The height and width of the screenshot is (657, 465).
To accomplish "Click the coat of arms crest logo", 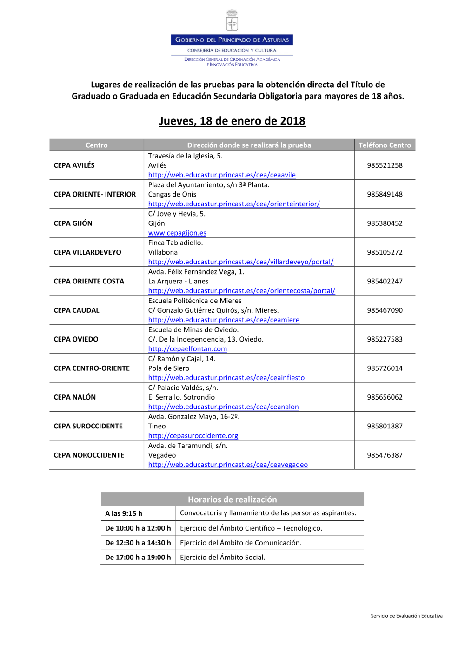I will coord(232,21).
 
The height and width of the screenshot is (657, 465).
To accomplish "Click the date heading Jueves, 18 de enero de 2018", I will coord(232,121).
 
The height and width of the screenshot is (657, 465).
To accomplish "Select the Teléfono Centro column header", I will coord(385,145).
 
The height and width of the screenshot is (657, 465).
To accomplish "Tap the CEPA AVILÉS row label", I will coord(74,165).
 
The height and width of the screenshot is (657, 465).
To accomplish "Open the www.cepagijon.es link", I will coord(177,233).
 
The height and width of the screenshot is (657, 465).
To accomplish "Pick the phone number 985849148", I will coord(385,194).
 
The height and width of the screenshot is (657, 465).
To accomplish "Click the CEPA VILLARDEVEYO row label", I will coord(87,252).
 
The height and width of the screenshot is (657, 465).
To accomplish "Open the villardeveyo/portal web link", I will coord(240,262).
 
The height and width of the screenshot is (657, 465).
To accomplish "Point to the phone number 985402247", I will coord(385,281).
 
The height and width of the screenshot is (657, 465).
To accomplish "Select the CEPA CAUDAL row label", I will coord(77,310).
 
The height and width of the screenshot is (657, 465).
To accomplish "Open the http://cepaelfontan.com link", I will coord(187,349).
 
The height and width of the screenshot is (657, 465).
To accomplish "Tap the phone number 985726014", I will coord(385,368).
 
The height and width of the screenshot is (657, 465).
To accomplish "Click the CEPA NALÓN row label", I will coord(75,397).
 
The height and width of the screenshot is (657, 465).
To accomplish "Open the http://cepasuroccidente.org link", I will coord(193,436).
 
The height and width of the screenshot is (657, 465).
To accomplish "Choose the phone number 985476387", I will coord(385,455).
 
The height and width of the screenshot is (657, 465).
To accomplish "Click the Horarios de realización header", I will coord(232,499).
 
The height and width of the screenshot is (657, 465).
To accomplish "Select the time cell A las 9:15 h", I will coord(124,513).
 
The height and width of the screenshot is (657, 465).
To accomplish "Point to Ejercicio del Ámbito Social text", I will coord(222,558).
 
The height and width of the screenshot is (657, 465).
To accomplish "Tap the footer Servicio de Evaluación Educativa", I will coord(406,616).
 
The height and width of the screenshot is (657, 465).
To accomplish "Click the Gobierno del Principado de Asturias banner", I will coord(232,40).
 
